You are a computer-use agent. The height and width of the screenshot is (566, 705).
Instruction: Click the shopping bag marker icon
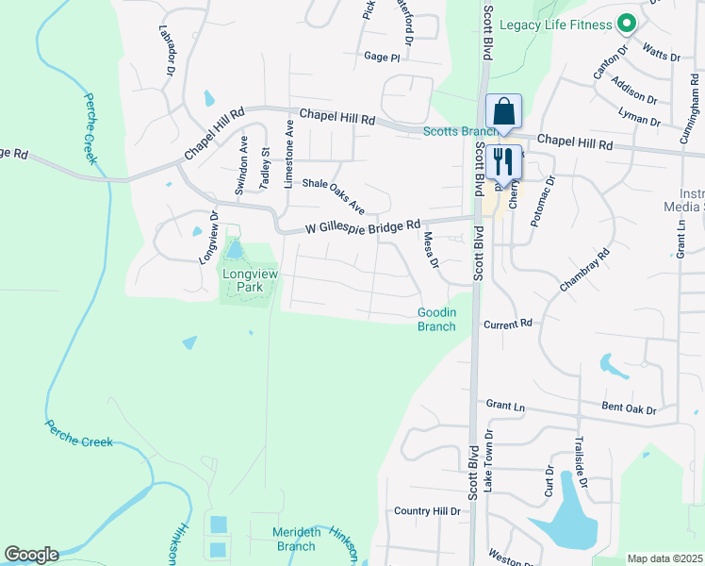pos(504,110)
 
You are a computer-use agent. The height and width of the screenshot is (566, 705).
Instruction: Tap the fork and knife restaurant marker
pos(501,161)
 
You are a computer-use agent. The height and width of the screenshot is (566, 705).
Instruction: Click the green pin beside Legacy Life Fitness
pos(626,24)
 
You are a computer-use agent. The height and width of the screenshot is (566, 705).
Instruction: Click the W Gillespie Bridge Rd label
pos(364,227)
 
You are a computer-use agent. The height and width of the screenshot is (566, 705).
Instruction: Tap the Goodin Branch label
pos(436,320)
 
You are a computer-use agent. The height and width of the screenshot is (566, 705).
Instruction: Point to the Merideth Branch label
pos(295,539)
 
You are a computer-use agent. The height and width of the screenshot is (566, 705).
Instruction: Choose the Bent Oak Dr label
pos(628,409)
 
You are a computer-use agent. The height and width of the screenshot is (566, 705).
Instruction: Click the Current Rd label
pos(508,324)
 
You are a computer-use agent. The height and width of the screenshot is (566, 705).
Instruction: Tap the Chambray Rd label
pos(584,268)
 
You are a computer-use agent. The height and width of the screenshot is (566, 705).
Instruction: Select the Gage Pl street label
pos(382,57)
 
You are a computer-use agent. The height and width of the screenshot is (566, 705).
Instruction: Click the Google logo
pos(31,555)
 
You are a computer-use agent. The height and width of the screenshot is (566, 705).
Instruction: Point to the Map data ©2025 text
pos(664,558)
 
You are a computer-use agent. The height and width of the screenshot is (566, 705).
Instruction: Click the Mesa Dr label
pos(431,250)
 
